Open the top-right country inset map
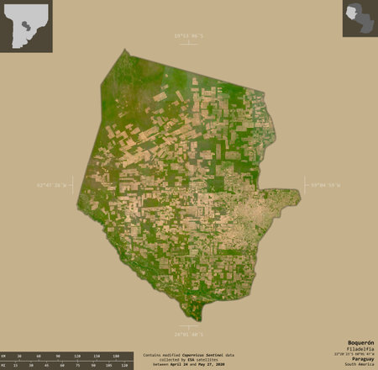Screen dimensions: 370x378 coord(360,18)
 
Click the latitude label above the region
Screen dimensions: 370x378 coord(190,36)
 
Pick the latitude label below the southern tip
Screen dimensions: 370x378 coord(190,336)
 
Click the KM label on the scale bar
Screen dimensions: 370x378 coord(4,357)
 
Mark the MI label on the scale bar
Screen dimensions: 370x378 coord(4,366)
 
